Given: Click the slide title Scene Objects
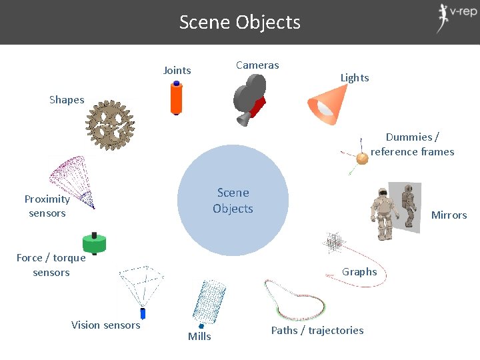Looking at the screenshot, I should coord(240,23).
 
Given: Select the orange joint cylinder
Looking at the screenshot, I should coord(177,98).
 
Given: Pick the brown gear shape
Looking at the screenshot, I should coord(110,125).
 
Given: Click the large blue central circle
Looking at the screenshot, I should coord(233,201).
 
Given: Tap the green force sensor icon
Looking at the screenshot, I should coord(94,243).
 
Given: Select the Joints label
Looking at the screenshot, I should coord(177,71).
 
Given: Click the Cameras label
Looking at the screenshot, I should coord(257,65).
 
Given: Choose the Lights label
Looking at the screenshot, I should coord(355,78).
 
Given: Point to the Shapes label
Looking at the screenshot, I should coord(67,100).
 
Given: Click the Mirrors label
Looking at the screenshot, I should coord(449,215).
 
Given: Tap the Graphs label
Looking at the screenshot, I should coord(359,271).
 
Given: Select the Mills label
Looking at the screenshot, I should coord(199,337).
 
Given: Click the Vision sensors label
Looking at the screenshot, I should coord(105,325).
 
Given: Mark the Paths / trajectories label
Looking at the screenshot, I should coord(317,331).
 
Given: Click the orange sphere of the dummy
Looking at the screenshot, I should coord(362,159).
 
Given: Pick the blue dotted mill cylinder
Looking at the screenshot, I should coord(208,301).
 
